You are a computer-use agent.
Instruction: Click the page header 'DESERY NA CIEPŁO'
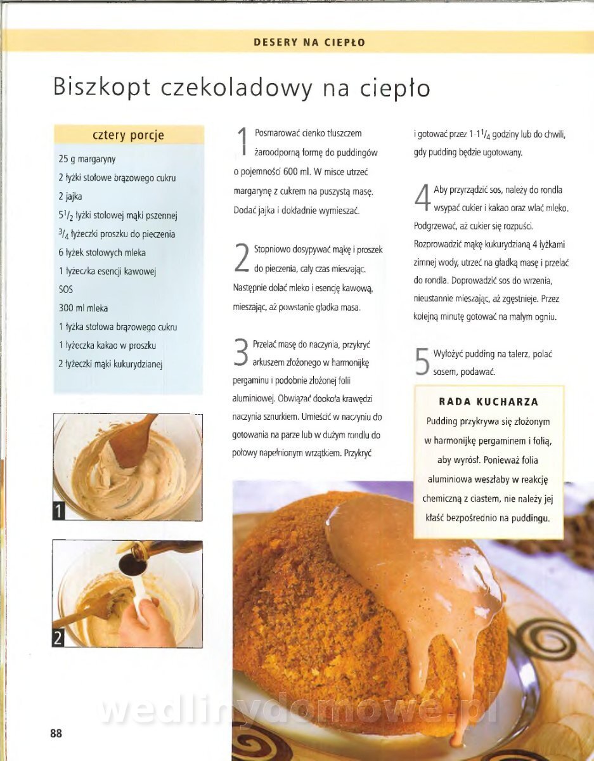(x=309, y=42)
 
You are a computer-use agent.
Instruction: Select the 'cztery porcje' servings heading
(x=129, y=135)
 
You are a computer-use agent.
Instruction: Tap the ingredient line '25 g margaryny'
(x=87, y=159)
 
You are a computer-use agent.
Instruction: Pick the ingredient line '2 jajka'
(x=70, y=197)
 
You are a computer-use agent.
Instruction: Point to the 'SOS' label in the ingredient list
(x=65, y=290)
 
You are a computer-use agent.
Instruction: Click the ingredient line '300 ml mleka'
(x=83, y=308)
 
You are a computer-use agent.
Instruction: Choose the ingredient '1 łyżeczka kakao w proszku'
(x=107, y=346)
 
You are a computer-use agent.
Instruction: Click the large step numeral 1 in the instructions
(x=243, y=141)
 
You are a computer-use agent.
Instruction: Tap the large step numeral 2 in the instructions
(x=242, y=257)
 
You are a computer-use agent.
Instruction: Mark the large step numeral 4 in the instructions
(x=422, y=197)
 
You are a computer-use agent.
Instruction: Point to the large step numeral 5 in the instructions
(x=422, y=361)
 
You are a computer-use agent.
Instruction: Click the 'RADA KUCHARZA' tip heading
(x=489, y=401)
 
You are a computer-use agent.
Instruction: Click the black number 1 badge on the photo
(x=59, y=512)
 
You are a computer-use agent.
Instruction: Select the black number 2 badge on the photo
(x=58, y=638)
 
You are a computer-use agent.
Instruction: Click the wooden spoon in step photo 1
(x=132, y=440)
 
